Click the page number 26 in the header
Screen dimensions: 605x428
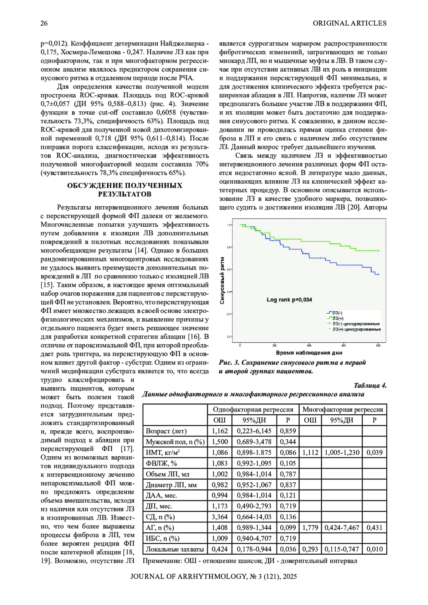click(x=44, y=24)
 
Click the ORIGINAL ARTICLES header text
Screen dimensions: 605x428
click(x=350, y=24)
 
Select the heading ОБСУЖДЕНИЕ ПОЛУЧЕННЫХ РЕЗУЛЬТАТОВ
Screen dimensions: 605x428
click(x=124, y=190)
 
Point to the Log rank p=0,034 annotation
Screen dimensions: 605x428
click(x=289, y=300)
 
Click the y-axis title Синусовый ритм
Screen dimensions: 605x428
click(x=223, y=281)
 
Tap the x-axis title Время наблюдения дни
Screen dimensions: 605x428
click(x=309, y=353)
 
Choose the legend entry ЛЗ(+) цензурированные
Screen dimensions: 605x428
click(x=356, y=329)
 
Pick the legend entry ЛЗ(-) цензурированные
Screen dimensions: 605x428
click(x=356, y=324)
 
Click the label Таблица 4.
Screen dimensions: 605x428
click(x=370, y=385)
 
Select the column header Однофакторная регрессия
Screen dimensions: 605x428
click(x=253, y=409)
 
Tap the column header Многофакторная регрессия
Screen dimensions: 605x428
click(x=342, y=409)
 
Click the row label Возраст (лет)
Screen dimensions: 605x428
click(x=166, y=431)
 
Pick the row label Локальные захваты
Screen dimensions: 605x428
click(x=175, y=549)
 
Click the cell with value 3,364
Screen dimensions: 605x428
click(x=220, y=517)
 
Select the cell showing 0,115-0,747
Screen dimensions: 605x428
click(x=342, y=549)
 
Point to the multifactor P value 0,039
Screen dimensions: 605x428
click(x=374, y=452)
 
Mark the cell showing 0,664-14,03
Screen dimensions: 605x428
click(x=254, y=517)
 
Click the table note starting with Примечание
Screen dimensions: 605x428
click(x=250, y=561)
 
